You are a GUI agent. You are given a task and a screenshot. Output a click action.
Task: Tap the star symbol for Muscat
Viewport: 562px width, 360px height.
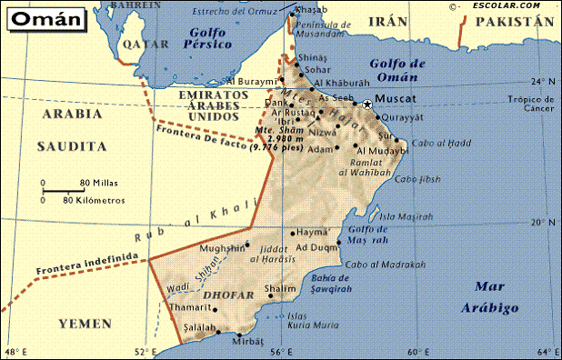coord(367,105)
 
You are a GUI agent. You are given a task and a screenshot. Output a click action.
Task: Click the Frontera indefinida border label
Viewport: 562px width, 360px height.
coord(87,264)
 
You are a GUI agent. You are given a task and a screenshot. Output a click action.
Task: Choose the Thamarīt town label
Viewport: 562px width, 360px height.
coord(190,307)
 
